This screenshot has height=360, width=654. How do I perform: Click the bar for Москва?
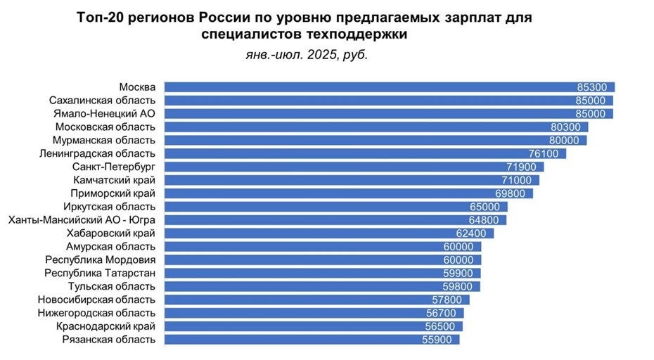click(x=366, y=87)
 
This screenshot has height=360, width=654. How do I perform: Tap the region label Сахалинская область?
click(x=103, y=101)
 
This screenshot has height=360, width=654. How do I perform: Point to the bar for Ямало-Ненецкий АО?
click(x=366, y=114)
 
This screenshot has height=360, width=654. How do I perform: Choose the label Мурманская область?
click(x=104, y=141)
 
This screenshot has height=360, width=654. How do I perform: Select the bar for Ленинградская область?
click(x=352, y=154)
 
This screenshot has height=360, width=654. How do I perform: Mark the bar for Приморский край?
click(x=338, y=193)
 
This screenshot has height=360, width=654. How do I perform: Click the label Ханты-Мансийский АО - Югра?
click(x=82, y=220)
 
